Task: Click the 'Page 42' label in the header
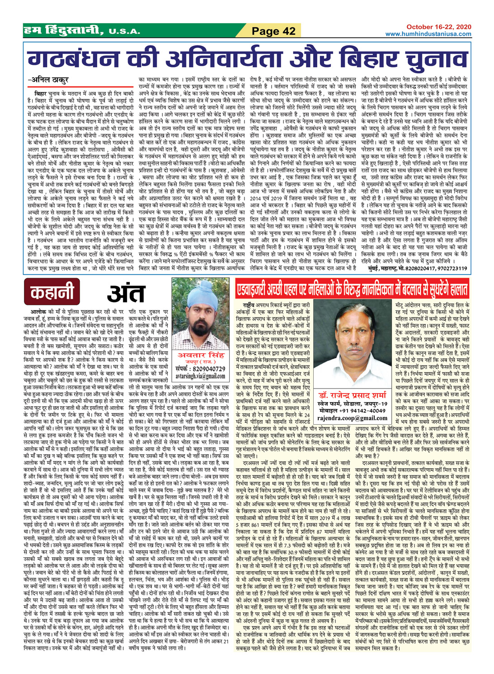(x=273, y=31)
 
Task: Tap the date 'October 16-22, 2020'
(x=438, y=27)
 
